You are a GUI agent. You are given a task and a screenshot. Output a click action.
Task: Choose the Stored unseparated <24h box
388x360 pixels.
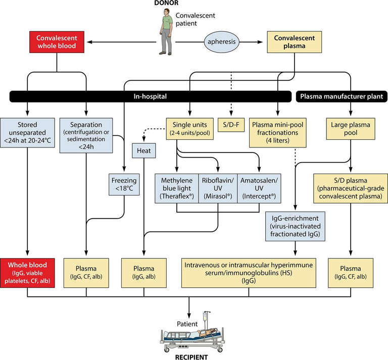(x=27, y=133)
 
